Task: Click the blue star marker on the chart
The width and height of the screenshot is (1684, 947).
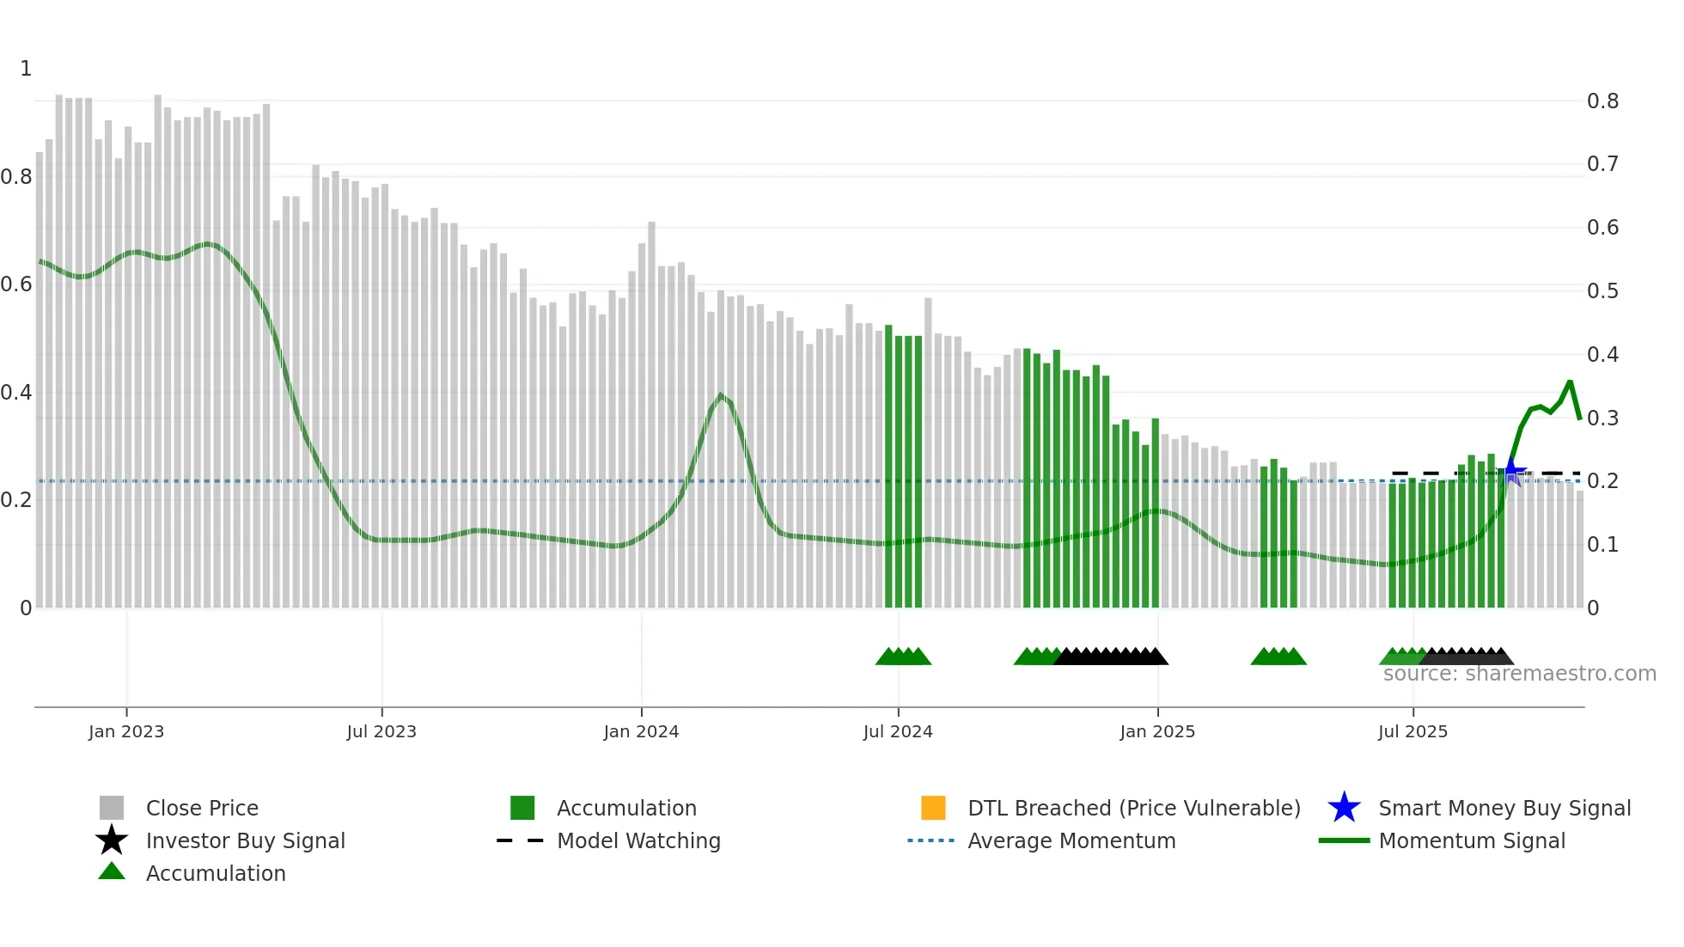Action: [x=1512, y=473]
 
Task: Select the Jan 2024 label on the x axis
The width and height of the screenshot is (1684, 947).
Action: [x=641, y=731]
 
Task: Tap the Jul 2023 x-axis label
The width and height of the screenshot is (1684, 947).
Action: [x=381, y=731]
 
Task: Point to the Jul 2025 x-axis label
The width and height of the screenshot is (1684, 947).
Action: [x=1412, y=731]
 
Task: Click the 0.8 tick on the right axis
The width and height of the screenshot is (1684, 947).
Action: [x=1602, y=101]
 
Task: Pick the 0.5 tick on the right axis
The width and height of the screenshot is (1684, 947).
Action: [x=1602, y=291]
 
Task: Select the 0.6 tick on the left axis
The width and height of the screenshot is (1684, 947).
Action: [x=16, y=284]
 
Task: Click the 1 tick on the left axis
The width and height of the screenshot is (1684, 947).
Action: [x=26, y=69]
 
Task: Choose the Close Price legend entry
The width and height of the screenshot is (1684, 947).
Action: [x=202, y=808]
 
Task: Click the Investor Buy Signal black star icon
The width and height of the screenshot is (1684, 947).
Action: [x=112, y=840]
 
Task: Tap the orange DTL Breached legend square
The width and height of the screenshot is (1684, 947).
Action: [x=933, y=808]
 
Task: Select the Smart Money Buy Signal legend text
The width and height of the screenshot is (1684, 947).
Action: [x=1504, y=808]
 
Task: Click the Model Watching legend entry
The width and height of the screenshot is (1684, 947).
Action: [x=638, y=840]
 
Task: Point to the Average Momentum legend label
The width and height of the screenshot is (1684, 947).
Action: [x=1071, y=840]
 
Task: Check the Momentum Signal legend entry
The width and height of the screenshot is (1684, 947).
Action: [x=1472, y=840]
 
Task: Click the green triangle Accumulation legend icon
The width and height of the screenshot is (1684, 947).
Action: [x=112, y=871]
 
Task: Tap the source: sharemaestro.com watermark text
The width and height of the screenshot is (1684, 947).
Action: [x=1519, y=674]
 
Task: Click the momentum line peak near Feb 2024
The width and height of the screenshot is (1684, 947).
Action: [x=721, y=395]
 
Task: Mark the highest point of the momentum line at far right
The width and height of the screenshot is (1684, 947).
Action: [x=1570, y=382]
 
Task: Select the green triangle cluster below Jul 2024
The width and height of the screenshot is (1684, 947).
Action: [x=903, y=657]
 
